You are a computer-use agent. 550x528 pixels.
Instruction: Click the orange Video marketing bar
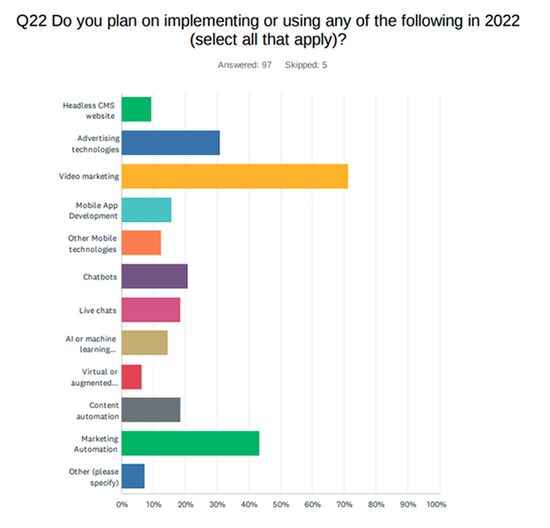pyautogui.click(x=235, y=176)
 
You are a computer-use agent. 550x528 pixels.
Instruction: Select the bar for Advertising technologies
pyautogui.click(x=171, y=143)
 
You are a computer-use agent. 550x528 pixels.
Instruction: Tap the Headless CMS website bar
pyautogui.click(x=137, y=109)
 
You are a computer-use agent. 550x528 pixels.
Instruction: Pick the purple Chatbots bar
pyautogui.click(x=154, y=277)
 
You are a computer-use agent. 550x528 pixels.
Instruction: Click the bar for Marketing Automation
pyautogui.click(x=191, y=444)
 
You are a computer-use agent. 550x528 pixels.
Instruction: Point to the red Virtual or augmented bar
pyautogui.click(x=131, y=377)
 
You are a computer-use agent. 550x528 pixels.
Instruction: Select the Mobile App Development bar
pyautogui.click(x=146, y=209)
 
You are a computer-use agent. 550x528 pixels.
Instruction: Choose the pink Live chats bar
pyautogui.click(x=151, y=310)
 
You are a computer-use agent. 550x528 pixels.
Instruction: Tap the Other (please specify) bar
pyautogui.click(x=133, y=476)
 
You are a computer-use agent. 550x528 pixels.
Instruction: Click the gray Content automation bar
pyautogui.click(x=151, y=410)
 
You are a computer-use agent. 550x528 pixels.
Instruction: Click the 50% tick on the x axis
pyautogui.click(x=281, y=505)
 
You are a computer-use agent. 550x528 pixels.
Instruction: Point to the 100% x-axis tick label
pyautogui.click(x=436, y=505)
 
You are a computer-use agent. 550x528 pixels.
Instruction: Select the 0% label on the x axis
pyautogui.click(x=122, y=505)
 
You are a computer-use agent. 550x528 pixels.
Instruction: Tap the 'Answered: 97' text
pyautogui.click(x=245, y=65)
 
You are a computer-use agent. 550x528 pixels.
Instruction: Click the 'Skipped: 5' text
pyautogui.click(x=306, y=65)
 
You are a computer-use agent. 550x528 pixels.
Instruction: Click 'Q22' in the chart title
pyautogui.click(x=32, y=21)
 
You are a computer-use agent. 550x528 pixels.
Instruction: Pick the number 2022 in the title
pyautogui.click(x=502, y=20)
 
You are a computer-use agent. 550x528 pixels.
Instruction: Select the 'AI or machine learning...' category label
pyautogui.click(x=90, y=344)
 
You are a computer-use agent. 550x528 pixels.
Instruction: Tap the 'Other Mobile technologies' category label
pyautogui.click(x=92, y=244)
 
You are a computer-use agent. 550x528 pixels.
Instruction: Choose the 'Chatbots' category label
pyautogui.click(x=100, y=277)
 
